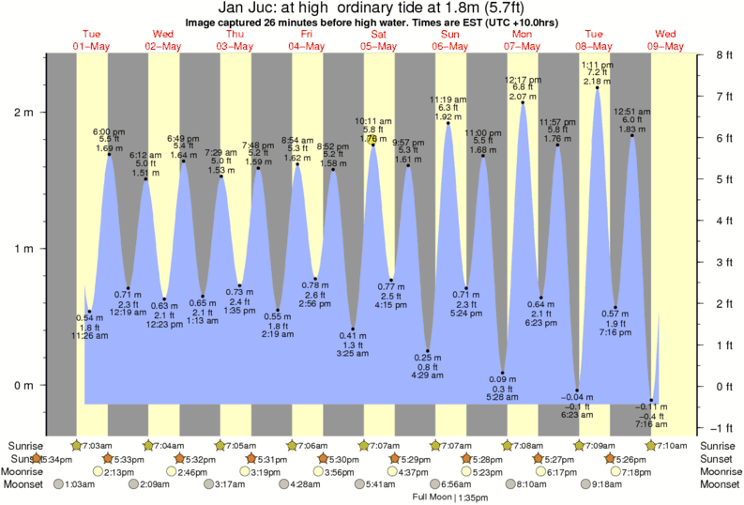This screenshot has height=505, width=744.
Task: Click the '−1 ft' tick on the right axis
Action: (721, 427)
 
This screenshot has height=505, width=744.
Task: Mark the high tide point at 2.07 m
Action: (523, 102)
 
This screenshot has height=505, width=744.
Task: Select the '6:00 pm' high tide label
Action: (109, 131)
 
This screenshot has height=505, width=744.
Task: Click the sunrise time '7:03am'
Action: (99, 445)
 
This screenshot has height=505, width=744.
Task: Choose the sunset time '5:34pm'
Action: (53, 458)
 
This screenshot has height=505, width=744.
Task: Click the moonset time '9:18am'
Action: (611, 484)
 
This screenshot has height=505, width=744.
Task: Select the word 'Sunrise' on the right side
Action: (719, 445)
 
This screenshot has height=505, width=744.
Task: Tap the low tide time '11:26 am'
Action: (89, 335)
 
